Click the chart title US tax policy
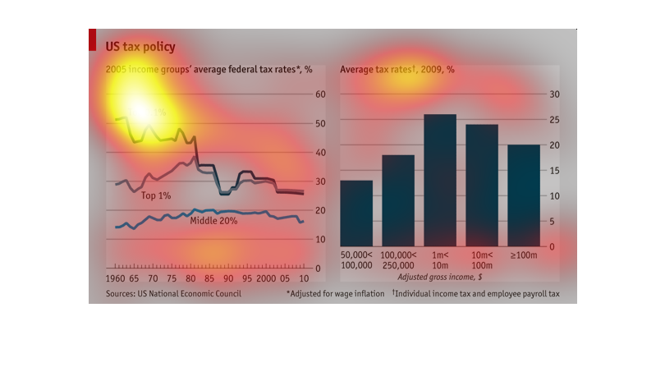(x=140, y=47)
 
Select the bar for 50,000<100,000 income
(x=356, y=213)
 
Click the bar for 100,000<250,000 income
(x=398, y=201)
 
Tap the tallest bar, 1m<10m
(x=440, y=181)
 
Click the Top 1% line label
(x=156, y=195)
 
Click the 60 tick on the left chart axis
(x=321, y=94)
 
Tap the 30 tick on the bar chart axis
(x=554, y=94)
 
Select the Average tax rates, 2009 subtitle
(x=397, y=70)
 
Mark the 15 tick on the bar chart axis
(x=554, y=171)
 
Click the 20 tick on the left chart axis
(x=321, y=210)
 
